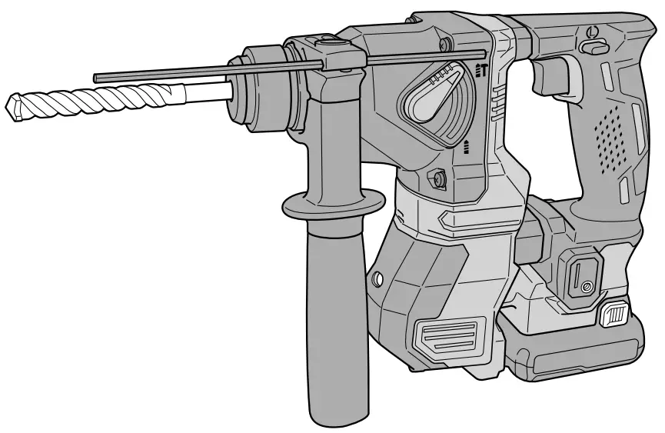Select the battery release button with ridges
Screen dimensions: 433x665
tap(615, 315)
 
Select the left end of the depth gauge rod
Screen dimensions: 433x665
tap(97, 77)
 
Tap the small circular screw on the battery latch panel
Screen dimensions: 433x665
tap(587, 287)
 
